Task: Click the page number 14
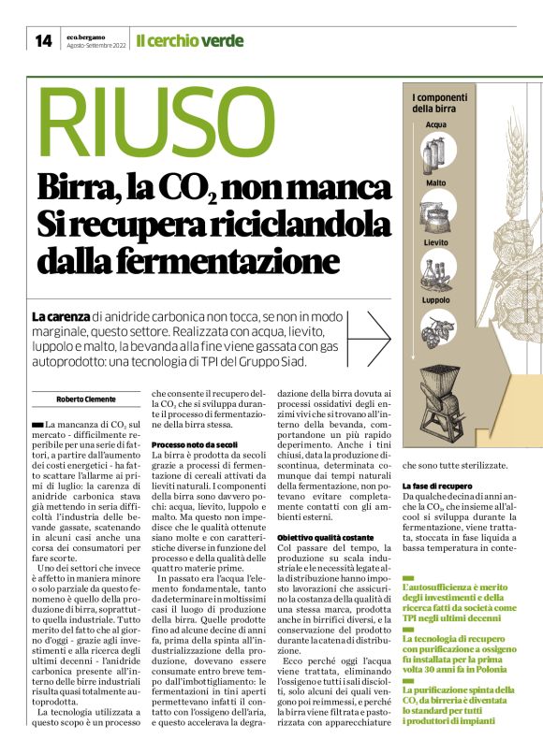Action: [x=43, y=40]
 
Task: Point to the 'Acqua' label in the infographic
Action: [x=436, y=124]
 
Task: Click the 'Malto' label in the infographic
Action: [x=436, y=183]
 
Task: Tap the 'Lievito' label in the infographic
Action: [x=436, y=242]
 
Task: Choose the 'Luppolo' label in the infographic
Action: [x=436, y=300]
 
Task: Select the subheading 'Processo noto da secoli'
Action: [x=194, y=444]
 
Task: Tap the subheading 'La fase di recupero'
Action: [x=435, y=486]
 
